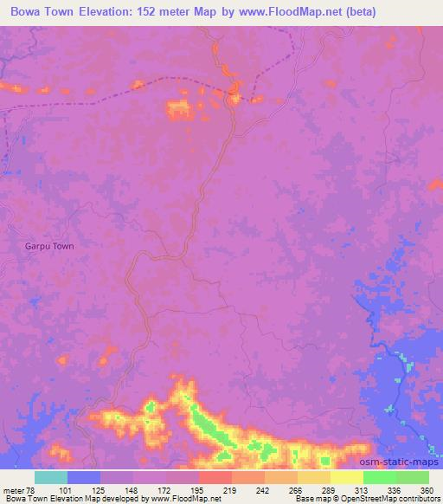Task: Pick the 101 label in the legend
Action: [67, 490]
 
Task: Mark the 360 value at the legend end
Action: [427, 490]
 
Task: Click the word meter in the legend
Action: [12, 490]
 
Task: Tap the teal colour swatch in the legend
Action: [51, 477]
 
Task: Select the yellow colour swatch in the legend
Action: [347, 477]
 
